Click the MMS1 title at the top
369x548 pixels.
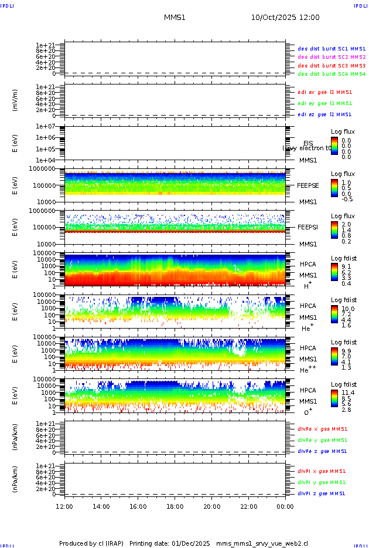pos(175,18)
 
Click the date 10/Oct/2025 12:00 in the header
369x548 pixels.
pos(285,18)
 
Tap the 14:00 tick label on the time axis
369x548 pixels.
pos(101,506)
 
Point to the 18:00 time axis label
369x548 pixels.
pos(175,506)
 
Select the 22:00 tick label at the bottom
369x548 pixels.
pos(248,506)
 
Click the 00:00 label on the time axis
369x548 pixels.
pos(285,506)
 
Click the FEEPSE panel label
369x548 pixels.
pos(307,185)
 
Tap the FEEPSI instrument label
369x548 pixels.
pos(307,226)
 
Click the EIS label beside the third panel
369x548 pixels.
pos(308,143)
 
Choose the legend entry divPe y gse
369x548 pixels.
pos(322,440)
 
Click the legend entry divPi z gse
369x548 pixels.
pos(321,493)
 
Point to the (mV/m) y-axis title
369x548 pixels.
pos(15,100)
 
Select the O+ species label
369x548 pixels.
pos(307,412)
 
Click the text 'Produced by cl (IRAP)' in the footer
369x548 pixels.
pos(91,543)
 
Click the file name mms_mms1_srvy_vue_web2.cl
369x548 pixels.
pos(262,543)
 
